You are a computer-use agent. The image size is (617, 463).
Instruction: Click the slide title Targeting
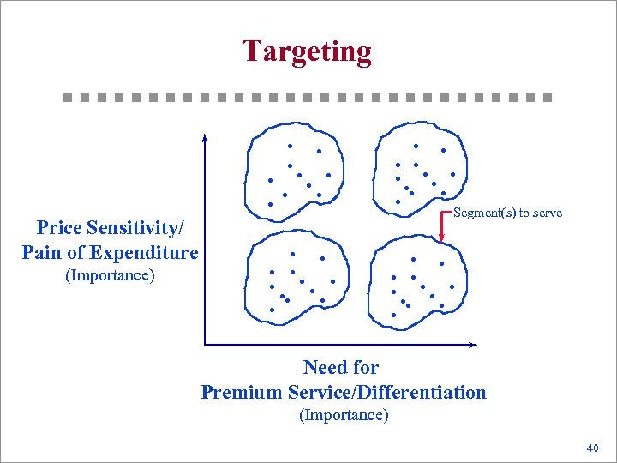coord(307,51)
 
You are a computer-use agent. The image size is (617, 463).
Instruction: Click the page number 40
coord(592,448)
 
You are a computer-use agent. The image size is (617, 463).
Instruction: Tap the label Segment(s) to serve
coord(507,213)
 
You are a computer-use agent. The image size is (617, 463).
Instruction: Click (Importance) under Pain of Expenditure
coord(110,276)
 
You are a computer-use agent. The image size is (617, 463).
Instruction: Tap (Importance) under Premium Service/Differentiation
coord(344,416)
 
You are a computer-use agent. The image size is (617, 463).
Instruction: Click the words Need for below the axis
coord(341,368)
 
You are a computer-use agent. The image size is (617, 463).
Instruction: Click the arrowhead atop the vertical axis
coord(205,138)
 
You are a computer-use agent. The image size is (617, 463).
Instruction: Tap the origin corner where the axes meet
coord(206,344)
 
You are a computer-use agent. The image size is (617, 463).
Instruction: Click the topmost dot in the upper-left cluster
coord(290,146)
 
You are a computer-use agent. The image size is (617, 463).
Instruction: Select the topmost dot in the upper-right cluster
coord(416,146)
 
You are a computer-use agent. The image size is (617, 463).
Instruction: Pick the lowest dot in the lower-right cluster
coord(394,315)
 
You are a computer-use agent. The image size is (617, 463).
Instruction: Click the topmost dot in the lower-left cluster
coord(292,254)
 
